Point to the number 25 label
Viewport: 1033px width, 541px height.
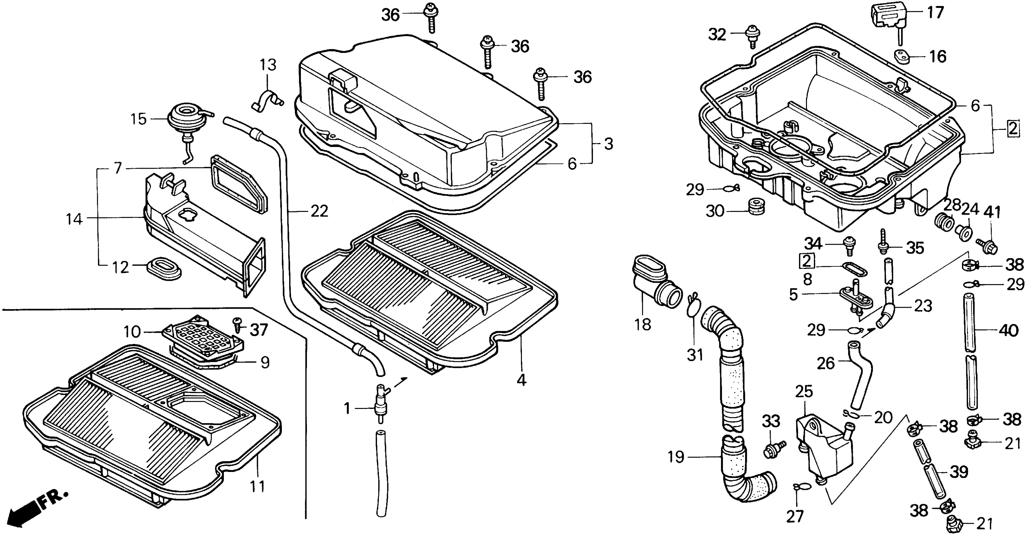pos(804,391)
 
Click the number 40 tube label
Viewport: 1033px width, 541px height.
pos(1008,331)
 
